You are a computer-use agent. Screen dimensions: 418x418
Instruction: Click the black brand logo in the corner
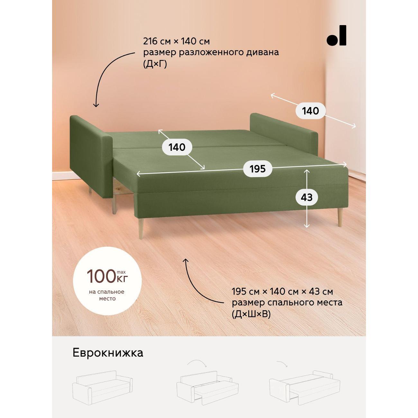pos(336,35)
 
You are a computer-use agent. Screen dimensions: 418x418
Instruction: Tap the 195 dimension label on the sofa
pos(258,169)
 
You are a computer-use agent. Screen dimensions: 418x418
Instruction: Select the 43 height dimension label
pos(306,197)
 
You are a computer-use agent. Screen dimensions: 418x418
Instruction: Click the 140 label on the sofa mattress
pos(177,147)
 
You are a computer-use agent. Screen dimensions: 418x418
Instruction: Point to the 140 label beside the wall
pos(310,111)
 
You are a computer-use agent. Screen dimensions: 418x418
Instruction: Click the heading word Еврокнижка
pos(108,353)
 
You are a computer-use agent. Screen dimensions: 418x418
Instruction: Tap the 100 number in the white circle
pos(101,276)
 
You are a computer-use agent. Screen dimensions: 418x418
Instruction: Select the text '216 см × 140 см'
pos(176,41)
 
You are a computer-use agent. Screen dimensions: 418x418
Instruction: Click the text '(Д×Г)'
pos(155,64)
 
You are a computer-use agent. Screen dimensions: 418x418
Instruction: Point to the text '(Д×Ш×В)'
pos(251,314)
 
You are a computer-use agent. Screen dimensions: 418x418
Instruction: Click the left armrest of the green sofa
pos(91,157)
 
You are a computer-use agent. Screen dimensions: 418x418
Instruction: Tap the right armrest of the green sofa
pos(284,134)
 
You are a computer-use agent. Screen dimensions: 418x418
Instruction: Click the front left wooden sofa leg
pos(141,229)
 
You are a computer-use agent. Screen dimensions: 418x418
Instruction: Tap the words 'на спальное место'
pos(106,295)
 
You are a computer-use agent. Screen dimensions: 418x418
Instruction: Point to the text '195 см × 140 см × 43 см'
pos(282,292)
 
